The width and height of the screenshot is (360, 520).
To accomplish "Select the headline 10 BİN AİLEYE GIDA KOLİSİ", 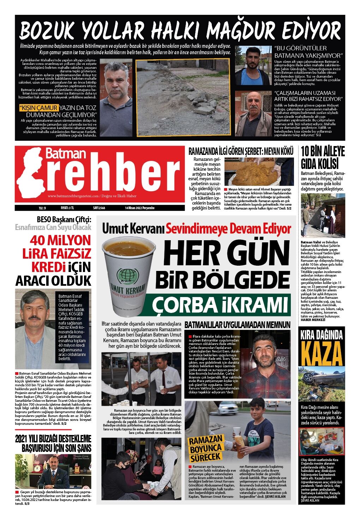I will click(322, 158).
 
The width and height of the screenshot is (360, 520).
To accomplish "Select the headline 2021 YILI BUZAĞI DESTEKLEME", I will click(53, 439).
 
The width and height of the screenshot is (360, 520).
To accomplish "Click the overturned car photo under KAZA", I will click(322, 385).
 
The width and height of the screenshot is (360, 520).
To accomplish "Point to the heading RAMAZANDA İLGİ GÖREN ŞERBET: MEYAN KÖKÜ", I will click(241, 152).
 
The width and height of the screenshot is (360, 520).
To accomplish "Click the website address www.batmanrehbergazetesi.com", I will click(73, 196).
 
